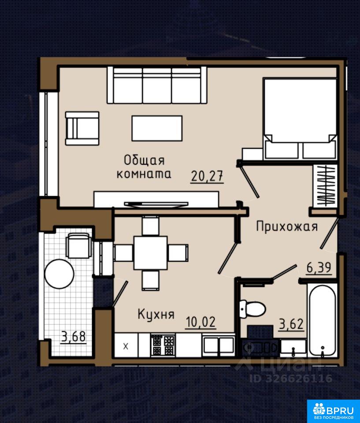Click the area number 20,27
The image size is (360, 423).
pyautogui.click(x=207, y=176)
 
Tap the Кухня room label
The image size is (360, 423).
pyautogui.click(x=156, y=314)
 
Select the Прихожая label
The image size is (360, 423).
pyautogui.click(x=287, y=226)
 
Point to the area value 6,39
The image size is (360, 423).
pyautogui.click(x=319, y=268)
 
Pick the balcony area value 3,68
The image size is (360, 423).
pyautogui.click(x=74, y=337)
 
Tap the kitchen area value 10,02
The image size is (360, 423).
pyautogui.click(x=201, y=322)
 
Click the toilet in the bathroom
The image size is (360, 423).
pyautogui.click(x=252, y=309)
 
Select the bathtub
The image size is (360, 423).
pyautogui.click(x=322, y=320)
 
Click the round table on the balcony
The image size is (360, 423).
pyautogui.click(x=59, y=274)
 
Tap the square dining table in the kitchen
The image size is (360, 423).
pyautogui.click(x=151, y=253)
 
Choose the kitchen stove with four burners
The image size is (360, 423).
pyautogui.click(x=163, y=345)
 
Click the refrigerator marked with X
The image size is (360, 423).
pyautogui.click(x=126, y=346)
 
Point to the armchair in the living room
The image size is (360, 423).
pyautogui.click(x=82, y=128)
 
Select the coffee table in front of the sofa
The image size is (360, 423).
pyautogui.click(x=157, y=128)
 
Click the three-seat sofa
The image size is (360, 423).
pyautogui.click(x=157, y=85)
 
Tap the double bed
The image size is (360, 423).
pyautogui.click(x=300, y=119)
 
